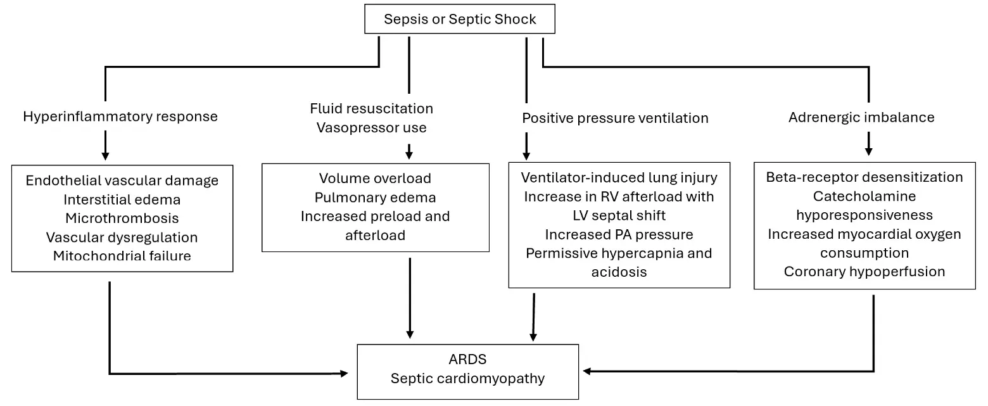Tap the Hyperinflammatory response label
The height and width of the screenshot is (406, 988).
click(120, 117)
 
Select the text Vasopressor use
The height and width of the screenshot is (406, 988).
click(371, 127)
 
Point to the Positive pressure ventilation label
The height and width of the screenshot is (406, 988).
click(616, 118)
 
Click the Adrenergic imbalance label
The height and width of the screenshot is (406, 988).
click(861, 117)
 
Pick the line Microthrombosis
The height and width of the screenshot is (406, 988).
click(122, 218)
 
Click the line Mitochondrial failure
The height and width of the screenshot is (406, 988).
click(122, 256)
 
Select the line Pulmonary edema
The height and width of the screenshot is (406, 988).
click(376, 197)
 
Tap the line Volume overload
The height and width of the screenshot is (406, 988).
click(376, 178)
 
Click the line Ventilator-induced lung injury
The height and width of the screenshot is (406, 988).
click(619, 177)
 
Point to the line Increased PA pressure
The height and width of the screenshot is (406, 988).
click(619, 234)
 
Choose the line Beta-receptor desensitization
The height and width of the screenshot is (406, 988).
click(864, 177)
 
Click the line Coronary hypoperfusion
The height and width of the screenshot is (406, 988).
click(864, 271)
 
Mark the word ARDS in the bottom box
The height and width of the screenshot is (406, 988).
click(467, 359)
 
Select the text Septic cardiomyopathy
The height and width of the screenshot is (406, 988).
click(467, 378)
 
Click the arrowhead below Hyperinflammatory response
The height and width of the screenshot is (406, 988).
click(105, 156)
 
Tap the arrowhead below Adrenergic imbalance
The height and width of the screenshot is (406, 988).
click(868, 152)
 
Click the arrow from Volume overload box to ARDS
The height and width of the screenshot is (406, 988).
click(410, 298)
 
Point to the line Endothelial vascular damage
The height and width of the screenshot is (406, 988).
click(122, 181)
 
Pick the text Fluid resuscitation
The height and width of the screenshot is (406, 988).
click(371, 108)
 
